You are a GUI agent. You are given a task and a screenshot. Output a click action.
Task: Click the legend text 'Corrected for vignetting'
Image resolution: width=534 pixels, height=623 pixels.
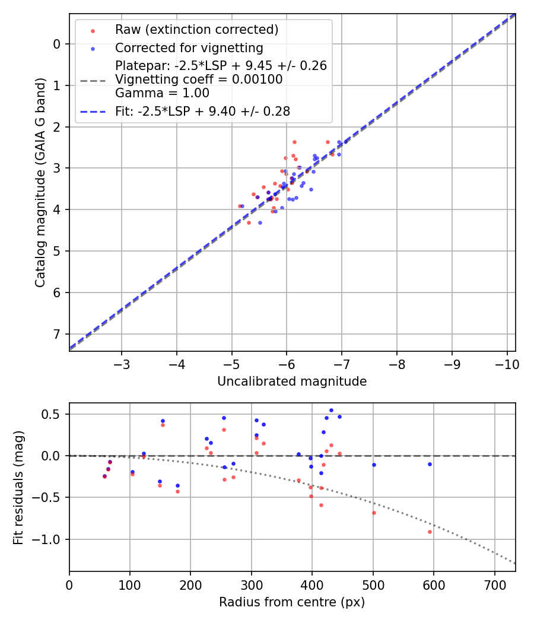point(189,47)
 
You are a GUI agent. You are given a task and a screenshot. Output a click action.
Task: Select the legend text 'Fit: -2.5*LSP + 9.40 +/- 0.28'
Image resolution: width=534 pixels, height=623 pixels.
point(202,111)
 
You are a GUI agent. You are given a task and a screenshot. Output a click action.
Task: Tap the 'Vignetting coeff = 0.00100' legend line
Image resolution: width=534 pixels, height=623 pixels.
point(199,80)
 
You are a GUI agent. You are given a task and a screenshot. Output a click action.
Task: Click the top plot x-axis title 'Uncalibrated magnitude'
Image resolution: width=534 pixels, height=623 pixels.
point(292,382)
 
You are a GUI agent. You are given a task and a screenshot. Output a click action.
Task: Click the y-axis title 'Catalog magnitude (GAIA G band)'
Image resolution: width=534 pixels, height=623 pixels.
point(40,182)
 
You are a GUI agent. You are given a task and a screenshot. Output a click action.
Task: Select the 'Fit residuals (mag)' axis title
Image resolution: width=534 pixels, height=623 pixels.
point(19,487)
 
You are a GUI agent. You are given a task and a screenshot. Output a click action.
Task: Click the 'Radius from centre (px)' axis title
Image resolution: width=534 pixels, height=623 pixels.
point(292,602)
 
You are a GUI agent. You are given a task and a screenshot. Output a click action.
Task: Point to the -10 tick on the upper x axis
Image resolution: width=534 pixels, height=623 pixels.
point(507,362)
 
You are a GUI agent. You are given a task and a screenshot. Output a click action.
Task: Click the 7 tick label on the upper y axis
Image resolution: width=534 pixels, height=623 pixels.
point(57,334)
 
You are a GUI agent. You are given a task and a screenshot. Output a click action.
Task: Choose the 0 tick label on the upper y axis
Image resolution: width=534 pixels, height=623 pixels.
point(57,44)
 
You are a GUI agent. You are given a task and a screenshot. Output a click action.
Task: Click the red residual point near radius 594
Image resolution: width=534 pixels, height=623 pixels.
point(430,532)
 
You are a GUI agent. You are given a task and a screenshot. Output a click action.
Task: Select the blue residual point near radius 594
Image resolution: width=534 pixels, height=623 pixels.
point(430,464)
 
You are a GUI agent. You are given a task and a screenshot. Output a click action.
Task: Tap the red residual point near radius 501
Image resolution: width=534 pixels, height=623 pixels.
point(374,513)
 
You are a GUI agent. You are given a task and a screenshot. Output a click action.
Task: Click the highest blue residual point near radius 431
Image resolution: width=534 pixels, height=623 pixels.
point(331,410)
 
